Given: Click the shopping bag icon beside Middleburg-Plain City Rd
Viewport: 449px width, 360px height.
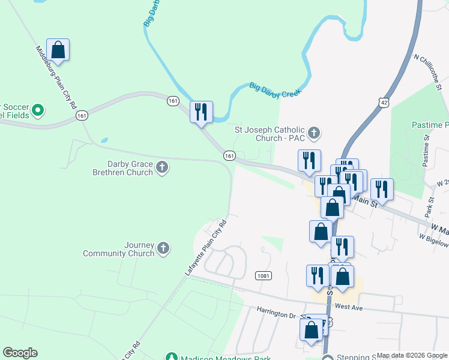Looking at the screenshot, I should pos(58,50).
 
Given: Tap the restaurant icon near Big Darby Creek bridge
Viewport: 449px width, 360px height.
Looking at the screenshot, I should pos(201,112).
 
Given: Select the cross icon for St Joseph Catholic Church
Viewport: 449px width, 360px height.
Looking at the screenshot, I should pos(313,132).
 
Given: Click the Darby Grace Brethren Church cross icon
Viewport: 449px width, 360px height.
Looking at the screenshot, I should pos(162,167).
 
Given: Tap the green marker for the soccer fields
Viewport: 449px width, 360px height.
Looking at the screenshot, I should pos(38,110).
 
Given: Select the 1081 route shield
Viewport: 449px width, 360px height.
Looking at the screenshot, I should pos(262,275).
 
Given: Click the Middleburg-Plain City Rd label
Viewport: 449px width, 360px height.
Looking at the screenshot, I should pos(56,76).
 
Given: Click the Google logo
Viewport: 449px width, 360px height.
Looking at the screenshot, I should pos(20,353).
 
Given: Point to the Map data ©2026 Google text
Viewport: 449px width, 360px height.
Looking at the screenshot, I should pos(412,355).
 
